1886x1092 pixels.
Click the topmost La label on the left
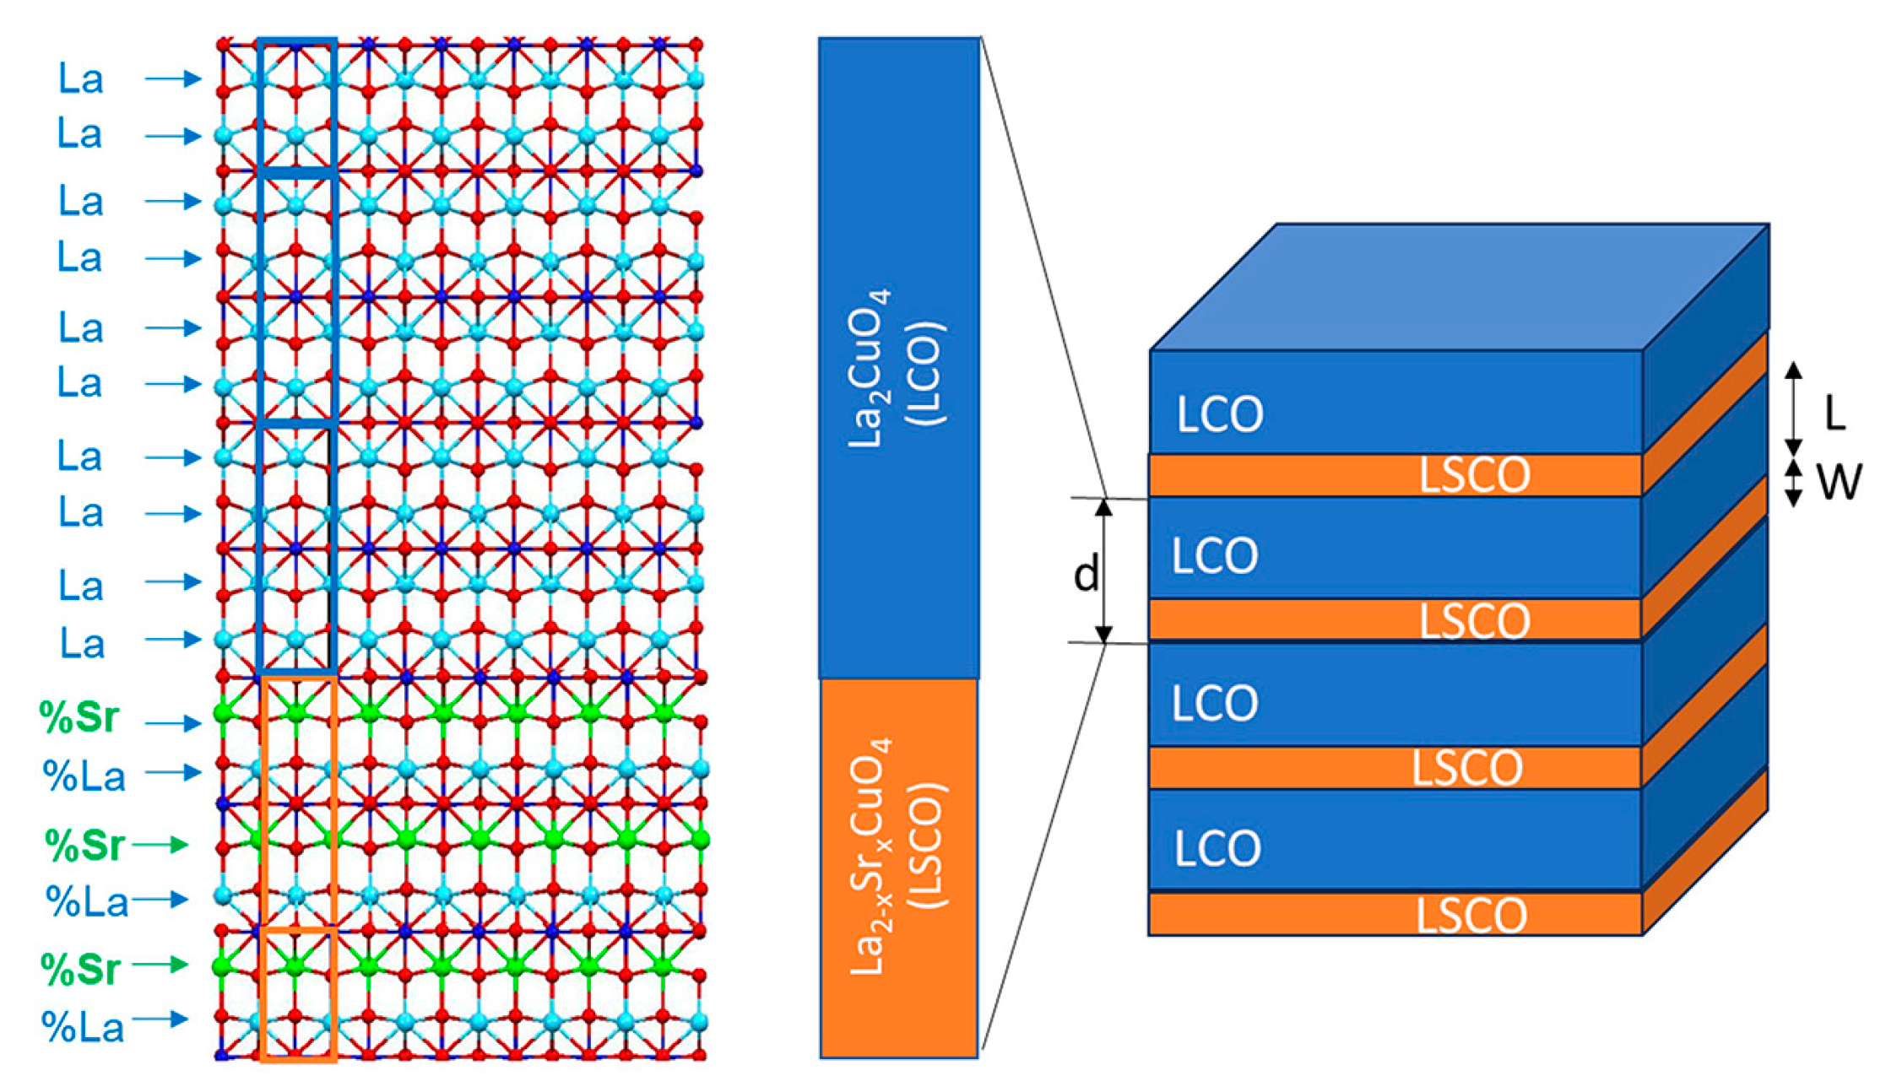pos(81,79)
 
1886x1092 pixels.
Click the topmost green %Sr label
pos(80,718)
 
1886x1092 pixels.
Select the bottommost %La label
pos(84,1027)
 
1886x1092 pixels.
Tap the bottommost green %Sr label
pos(82,970)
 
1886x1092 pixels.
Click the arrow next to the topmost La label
pos(173,79)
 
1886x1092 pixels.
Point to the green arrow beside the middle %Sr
pos(160,844)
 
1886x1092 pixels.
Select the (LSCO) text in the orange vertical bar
pos(929,846)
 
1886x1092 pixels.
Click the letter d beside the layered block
pos(1086,575)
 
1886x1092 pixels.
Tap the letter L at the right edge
pos(1835,414)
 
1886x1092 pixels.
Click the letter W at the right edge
pos(1838,483)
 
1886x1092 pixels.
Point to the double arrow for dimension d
pos(1103,570)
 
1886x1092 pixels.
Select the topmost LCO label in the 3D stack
pos(1220,414)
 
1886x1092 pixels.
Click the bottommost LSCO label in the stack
pos(1471,916)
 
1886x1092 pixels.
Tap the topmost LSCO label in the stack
pos(1474,475)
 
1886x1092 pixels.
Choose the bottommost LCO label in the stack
pos(1217,848)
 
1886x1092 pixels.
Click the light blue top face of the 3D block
pos(1461,287)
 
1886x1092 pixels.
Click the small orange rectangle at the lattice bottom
pos(299,993)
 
